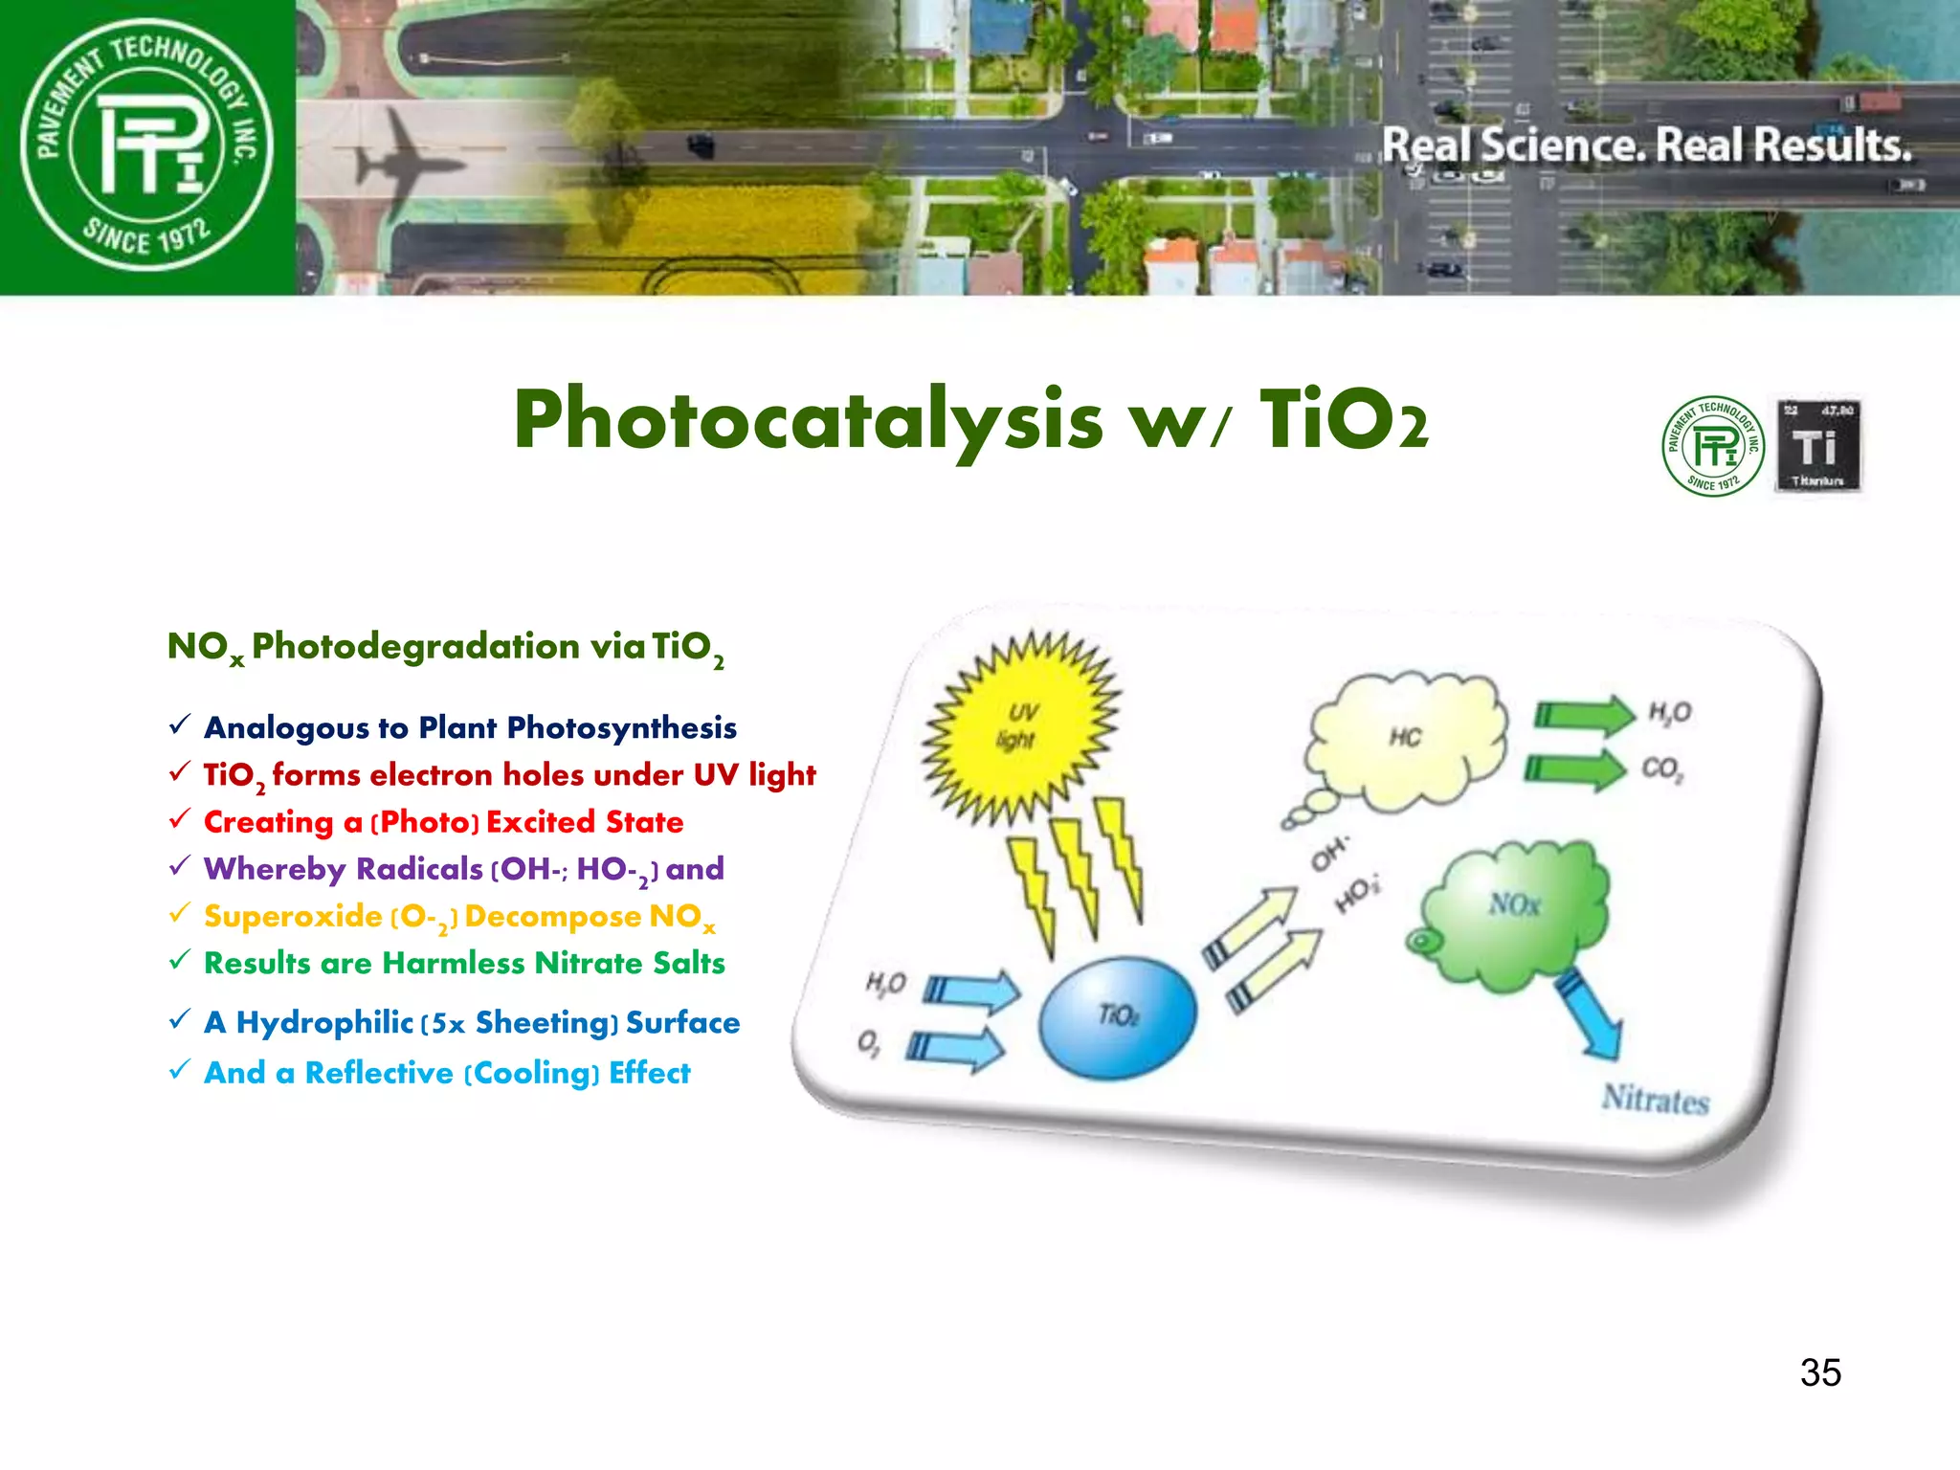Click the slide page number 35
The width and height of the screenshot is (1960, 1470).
pyautogui.click(x=1820, y=1372)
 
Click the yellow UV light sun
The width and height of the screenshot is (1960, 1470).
pyautogui.click(x=1019, y=727)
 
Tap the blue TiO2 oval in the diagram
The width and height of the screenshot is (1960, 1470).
pyautogui.click(x=1117, y=1017)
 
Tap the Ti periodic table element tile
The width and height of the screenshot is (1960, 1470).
pyautogui.click(x=1817, y=446)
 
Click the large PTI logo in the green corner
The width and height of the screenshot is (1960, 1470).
pyautogui.click(x=147, y=145)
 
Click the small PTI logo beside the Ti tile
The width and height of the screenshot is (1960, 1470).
pyautogui.click(x=1713, y=446)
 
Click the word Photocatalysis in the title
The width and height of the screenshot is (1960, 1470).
pyautogui.click(x=809, y=421)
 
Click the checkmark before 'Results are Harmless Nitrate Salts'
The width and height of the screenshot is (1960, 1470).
pyautogui.click(x=180, y=960)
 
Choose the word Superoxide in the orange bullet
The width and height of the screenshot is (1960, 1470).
pyautogui.click(x=293, y=916)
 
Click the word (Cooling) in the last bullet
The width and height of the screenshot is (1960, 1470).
pyautogui.click(x=532, y=1073)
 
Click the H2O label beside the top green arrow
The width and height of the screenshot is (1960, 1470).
pyautogui.click(x=1670, y=712)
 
